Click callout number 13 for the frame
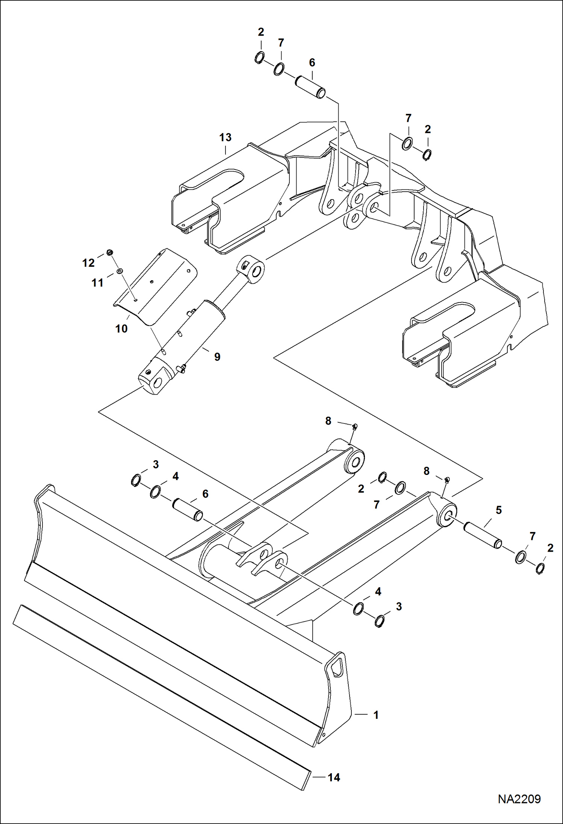(x=226, y=138)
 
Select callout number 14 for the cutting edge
(x=334, y=777)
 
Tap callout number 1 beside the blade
(x=376, y=715)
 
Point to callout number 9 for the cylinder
(x=217, y=357)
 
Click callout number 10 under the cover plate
(x=121, y=329)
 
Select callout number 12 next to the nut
(x=88, y=263)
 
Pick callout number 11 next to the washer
(x=97, y=283)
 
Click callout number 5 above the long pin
(x=499, y=510)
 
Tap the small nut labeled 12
(x=110, y=252)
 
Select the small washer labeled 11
(x=120, y=271)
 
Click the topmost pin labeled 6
(x=310, y=87)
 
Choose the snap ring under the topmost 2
(x=259, y=57)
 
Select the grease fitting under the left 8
(x=354, y=426)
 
